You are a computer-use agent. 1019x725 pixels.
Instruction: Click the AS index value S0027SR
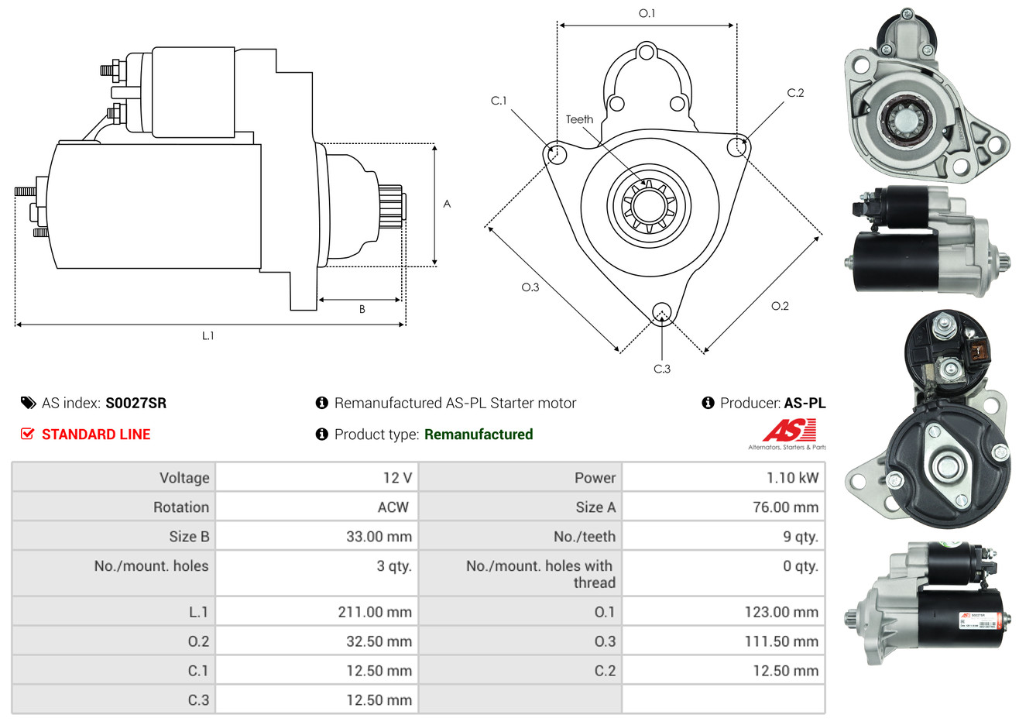(136, 403)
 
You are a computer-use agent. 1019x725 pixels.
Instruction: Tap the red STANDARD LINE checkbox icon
(27, 434)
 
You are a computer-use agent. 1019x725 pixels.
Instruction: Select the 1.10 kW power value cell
(791, 478)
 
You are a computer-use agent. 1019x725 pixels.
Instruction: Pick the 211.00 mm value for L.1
(375, 612)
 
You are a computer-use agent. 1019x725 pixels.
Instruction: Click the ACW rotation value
(393, 507)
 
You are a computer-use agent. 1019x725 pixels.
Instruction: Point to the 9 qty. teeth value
(800, 537)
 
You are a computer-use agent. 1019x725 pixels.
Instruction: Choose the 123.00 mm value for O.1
(781, 612)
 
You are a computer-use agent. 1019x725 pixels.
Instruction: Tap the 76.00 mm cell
(785, 507)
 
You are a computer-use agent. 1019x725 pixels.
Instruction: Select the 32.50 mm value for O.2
(379, 641)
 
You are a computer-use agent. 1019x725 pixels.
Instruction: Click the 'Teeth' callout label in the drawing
(579, 119)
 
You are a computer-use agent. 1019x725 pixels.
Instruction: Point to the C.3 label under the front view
(662, 369)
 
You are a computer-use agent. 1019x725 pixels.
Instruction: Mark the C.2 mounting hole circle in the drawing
(738, 146)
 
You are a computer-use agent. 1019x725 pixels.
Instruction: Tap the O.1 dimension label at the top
(647, 13)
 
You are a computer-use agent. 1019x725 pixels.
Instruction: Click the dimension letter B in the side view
(362, 309)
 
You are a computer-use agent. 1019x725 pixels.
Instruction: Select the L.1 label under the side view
(208, 335)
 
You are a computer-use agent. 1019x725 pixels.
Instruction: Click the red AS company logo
(789, 430)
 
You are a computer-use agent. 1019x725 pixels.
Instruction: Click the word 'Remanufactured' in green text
(479, 435)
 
